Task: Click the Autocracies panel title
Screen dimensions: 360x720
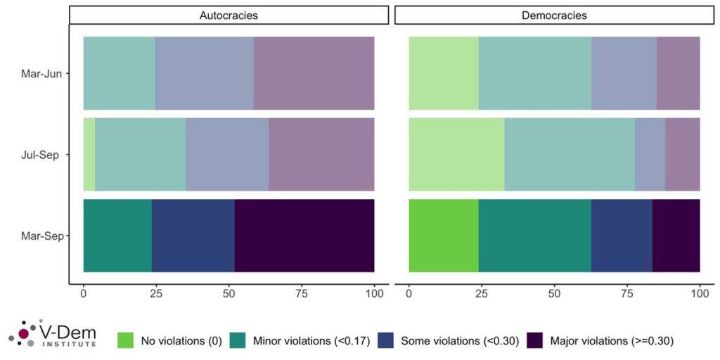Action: click(229, 15)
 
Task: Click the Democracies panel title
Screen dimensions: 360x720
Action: click(554, 15)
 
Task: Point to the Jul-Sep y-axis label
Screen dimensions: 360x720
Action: click(45, 155)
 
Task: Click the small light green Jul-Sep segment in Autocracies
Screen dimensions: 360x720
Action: click(89, 155)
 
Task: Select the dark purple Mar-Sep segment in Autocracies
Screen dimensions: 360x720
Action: click(304, 236)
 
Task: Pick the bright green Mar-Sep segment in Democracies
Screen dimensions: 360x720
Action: click(443, 236)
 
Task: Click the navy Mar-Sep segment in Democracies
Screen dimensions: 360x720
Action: click(622, 236)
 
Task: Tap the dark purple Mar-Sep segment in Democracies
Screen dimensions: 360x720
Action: click(676, 236)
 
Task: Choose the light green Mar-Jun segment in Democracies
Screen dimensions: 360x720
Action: click(443, 73)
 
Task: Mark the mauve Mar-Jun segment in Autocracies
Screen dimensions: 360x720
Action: click(314, 73)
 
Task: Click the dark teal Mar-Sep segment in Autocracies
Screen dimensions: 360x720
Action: click(117, 236)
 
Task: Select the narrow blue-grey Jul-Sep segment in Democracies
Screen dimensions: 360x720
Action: click(650, 155)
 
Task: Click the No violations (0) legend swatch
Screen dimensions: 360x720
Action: click(126, 341)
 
